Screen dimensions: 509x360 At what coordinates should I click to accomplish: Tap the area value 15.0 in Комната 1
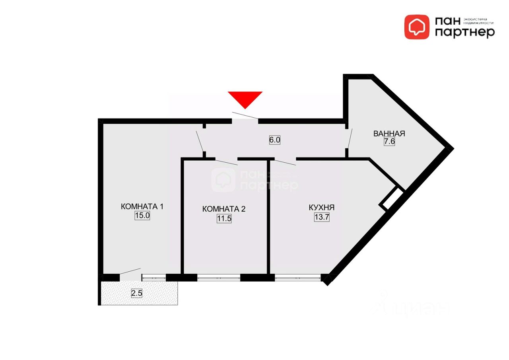coord(142,216)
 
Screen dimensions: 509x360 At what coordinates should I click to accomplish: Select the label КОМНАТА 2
coord(224,209)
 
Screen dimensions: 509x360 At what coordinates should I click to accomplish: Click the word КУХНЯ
coord(321,208)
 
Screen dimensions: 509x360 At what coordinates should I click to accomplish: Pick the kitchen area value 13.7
coord(322,217)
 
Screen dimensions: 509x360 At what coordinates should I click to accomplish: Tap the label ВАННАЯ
coord(389,134)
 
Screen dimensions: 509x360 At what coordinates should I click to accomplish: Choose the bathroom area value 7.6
coord(389,142)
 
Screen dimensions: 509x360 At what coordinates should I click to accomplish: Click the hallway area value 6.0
coord(275,140)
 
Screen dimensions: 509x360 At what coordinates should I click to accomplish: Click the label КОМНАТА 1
coord(142,206)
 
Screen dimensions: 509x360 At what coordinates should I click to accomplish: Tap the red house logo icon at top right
coord(417,27)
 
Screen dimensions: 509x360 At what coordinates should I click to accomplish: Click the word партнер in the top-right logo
coord(464,33)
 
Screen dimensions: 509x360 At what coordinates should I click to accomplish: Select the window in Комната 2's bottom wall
coord(219,278)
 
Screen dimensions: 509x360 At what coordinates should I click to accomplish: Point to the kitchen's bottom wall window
coord(297,278)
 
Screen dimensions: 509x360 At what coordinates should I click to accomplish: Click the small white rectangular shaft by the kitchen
coord(392,198)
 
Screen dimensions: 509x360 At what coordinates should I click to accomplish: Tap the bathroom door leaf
coord(350,138)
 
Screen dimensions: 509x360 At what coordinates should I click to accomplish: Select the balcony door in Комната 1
coord(130,271)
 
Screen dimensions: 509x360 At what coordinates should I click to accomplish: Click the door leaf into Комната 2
coord(226,162)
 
